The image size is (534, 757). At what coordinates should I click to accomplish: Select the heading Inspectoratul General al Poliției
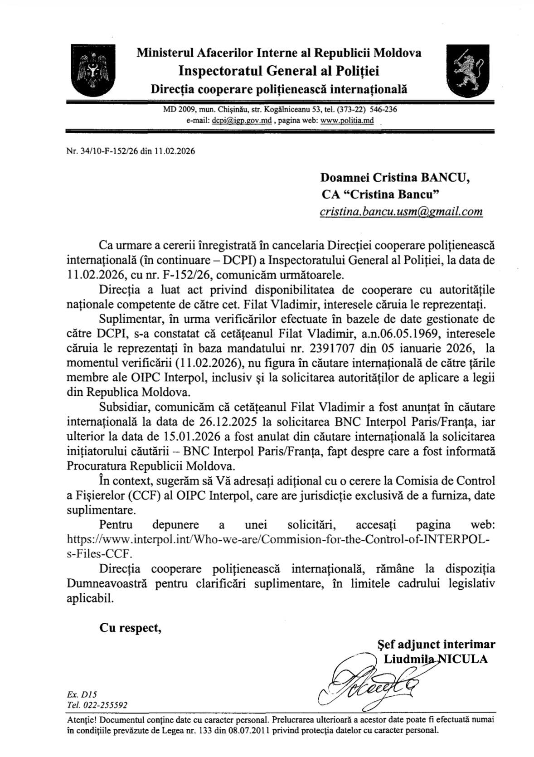coord(278,71)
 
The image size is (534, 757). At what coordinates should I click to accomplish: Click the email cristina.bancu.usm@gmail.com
coord(401,211)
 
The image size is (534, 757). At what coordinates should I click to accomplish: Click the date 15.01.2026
coord(190,436)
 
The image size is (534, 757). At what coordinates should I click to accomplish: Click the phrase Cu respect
coord(130,628)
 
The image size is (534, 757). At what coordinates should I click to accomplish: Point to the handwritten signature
coord(370,681)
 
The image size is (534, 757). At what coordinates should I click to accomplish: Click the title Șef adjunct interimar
coord(436,644)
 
